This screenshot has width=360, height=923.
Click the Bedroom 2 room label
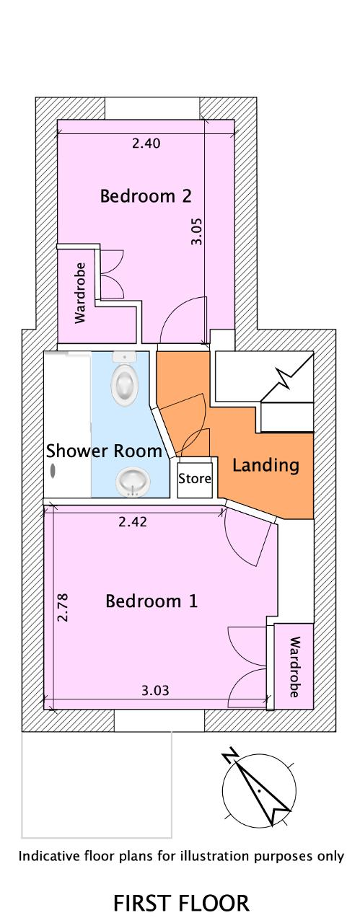(x=146, y=195)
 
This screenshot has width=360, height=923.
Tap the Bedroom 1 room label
(x=152, y=601)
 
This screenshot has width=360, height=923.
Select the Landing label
(x=265, y=465)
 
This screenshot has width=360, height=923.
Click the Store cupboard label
(x=195, y=478)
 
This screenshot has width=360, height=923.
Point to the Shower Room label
(x=104, y=451)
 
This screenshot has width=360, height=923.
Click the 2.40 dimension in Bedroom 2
(x=146, y=143)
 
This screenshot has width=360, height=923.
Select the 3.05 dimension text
(x=197, y=231)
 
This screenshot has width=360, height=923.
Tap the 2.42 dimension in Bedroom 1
(x=132, y=521)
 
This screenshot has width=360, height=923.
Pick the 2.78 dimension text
(x=63, y=607)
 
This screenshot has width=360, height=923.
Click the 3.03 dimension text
(x=155, y=690)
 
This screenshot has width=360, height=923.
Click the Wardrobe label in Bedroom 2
(x=79, y=293)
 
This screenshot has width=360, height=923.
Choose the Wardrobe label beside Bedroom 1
(x=294, y=667)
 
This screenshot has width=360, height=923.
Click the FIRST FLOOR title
(x=181, y=903)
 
